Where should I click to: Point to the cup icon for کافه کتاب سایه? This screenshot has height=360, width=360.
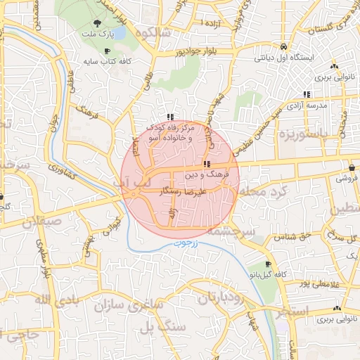(x=107, y=52)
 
